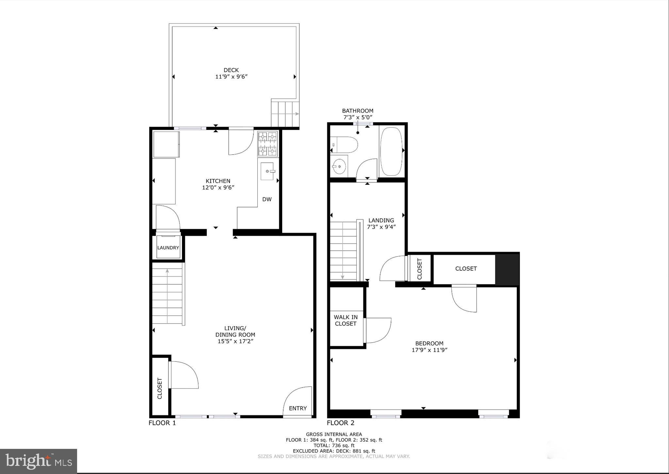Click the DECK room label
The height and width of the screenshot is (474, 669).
[231, 70]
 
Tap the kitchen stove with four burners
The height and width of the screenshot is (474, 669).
[268, 144]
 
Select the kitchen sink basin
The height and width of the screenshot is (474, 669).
[267, 171]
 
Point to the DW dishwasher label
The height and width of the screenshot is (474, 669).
[267, 199]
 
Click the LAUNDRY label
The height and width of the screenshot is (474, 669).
[168, 248]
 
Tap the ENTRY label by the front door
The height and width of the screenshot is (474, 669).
[298, 408]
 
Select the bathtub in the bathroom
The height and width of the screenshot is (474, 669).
[391, 151]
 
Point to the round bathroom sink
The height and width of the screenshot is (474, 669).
[339, 166]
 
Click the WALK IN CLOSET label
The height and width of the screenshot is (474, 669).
[346, 320]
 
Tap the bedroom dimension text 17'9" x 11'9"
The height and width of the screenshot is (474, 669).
[429, 350]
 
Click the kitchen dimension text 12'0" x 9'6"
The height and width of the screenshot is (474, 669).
[218, 187]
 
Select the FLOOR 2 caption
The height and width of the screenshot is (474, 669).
[340, 423]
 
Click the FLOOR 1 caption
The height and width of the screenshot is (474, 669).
[162, 423]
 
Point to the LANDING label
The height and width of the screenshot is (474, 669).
[381, 220]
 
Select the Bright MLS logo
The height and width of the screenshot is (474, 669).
[39, 461]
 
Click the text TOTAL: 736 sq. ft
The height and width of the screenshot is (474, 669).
[334, 445]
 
